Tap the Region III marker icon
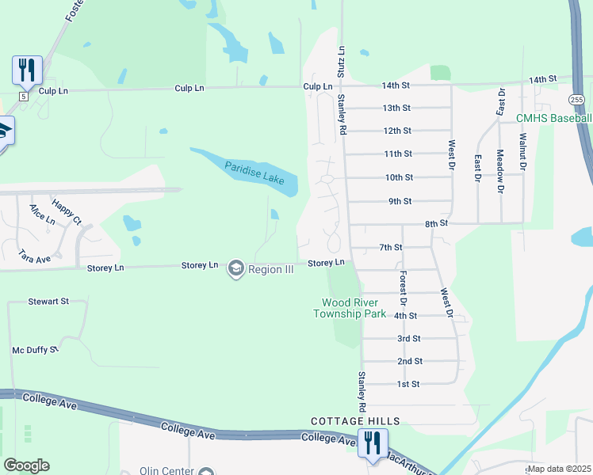(235, 269)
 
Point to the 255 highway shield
(577, 99)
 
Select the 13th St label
(396, 108)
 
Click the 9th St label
(400, 201)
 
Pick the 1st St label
(407, 384)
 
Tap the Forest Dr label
(403, 289)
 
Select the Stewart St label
(48, 302)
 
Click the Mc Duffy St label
(35, 349)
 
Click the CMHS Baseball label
(553, 119)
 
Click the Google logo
(26, 465)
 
